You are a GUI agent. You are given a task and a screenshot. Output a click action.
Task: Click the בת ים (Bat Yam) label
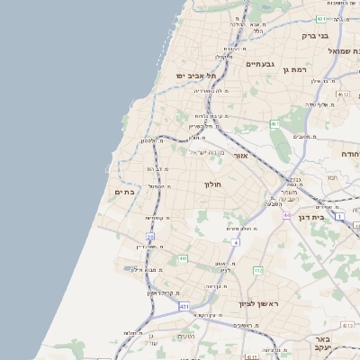[x=124, y=192]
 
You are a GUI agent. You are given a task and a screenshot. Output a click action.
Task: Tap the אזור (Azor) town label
[x=240, y=156]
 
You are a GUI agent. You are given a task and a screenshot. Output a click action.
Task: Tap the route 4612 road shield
[x=341, y=94]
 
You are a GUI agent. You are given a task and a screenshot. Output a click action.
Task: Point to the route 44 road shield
[x=285, y=216]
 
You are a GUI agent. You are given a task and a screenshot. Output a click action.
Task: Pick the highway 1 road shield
[x=339, y=217]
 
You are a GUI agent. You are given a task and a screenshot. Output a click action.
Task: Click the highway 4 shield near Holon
[x=236, y=243]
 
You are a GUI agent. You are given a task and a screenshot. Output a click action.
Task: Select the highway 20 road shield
[x=151, y=237]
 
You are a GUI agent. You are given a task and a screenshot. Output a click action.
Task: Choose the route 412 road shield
[x=257, y=270]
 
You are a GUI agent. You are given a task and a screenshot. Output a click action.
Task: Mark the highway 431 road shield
[x=184, y=307]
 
